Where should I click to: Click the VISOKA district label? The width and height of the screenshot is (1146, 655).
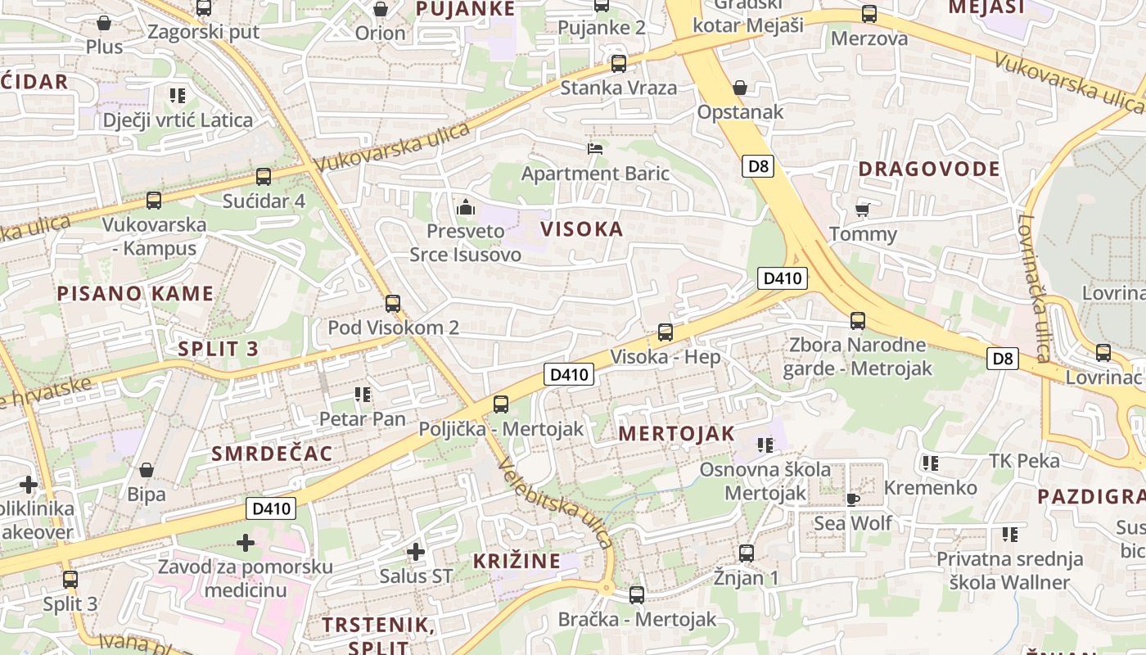(x=582, y=229)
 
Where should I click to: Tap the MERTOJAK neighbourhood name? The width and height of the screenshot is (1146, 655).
(x=676, y=434)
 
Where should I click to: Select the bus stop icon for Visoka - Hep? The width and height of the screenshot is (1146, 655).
(x=665, y=332)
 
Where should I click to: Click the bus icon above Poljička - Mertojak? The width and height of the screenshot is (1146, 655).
(x=501, y=404)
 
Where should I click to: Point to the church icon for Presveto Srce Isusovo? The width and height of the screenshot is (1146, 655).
(x=466, y=207)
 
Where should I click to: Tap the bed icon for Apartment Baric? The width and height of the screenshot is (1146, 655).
(x=595, y=148)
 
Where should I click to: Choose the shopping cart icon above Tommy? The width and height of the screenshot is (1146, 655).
(x=862, y=210)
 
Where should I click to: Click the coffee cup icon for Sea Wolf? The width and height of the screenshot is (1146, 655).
(x=852, y=499)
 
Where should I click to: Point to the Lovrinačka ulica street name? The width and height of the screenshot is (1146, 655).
(x=1034, y=287)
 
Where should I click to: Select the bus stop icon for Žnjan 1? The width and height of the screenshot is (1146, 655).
(x=746, y=553)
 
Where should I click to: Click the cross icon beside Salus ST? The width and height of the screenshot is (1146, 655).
(x=416, y=552)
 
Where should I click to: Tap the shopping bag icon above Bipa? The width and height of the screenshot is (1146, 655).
(x=147, y=470)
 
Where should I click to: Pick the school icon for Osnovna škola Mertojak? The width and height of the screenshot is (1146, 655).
(x=765, y=445)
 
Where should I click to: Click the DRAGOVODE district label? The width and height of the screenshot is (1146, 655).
(x=928, y=169)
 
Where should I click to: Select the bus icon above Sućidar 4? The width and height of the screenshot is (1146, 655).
(x=264, y=176)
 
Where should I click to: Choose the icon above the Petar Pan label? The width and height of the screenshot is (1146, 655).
(x=363, y=395)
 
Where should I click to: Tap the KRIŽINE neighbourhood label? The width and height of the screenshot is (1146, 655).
(x=517, y=562)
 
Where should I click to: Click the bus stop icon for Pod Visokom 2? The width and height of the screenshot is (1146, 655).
(x=393, y=303)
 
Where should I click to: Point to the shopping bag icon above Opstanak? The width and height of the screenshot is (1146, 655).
(x=740, y=87)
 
